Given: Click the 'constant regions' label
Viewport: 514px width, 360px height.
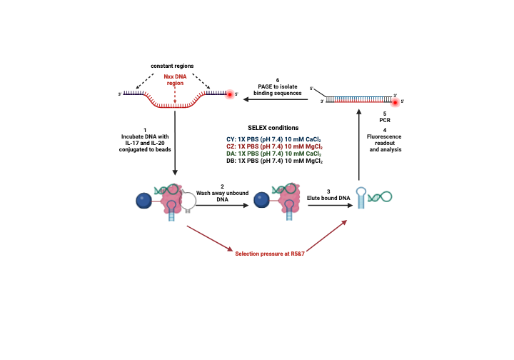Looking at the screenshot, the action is (x=172, y=66).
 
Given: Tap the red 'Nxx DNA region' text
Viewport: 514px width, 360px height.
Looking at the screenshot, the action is (x=175, y=80).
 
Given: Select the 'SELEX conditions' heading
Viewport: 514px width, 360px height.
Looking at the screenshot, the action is (x=273, y=128).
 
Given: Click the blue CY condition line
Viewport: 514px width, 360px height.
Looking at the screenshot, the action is (x=273, y=139).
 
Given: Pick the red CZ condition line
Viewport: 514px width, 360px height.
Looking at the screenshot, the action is (x=274, y=146).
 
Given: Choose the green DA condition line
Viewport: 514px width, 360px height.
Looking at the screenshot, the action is (x=273, y=154).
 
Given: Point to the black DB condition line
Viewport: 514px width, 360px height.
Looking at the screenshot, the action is (x=274, y=161).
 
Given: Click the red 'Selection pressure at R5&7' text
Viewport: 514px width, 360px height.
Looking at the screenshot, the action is (x=270, y=254).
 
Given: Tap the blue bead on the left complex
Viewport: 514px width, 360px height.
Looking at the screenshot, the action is (x=144, y=201).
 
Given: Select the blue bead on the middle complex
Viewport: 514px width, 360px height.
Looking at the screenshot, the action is (x=261, y=200).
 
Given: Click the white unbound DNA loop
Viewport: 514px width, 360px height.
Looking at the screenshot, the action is (x=188, y=200).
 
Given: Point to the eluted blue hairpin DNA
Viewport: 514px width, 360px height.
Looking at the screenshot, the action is (x=361, y=197).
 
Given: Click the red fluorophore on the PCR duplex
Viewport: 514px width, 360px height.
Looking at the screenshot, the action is (x=395, y=103).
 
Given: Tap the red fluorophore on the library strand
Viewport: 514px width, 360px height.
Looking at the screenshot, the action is (x=230, y=94).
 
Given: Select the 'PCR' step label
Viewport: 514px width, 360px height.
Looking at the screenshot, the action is (x=385, y=120).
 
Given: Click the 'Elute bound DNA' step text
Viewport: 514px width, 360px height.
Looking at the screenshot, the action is (x=328, y=198).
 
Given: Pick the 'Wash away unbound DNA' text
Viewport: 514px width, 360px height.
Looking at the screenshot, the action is (x=222, y=196).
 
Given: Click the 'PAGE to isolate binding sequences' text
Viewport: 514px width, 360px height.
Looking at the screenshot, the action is (x=277, y=90).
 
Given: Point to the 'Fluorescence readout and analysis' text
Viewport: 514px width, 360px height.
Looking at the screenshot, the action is (x=385, y=143).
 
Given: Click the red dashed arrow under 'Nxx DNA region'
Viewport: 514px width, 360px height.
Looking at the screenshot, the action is (x=175, y=95).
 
